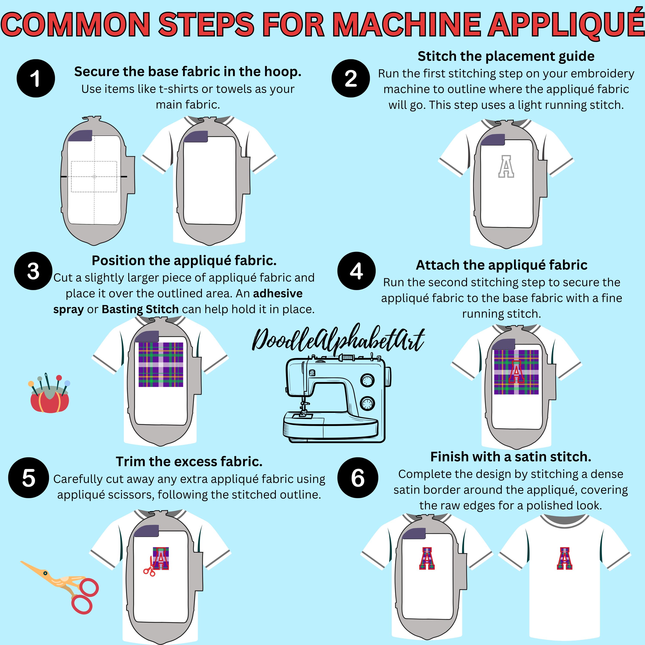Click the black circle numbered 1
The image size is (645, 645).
coord(36,78)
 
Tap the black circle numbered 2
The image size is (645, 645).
coord(350,78)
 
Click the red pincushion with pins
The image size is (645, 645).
coord(49,393)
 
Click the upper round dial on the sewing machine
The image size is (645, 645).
coord(367,380)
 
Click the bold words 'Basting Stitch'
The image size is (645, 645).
coord(140,309)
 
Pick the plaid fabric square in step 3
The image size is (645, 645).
coord(161,365)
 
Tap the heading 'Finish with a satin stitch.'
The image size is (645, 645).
coord(511,457)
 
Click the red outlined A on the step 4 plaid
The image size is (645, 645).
coord(516,372)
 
